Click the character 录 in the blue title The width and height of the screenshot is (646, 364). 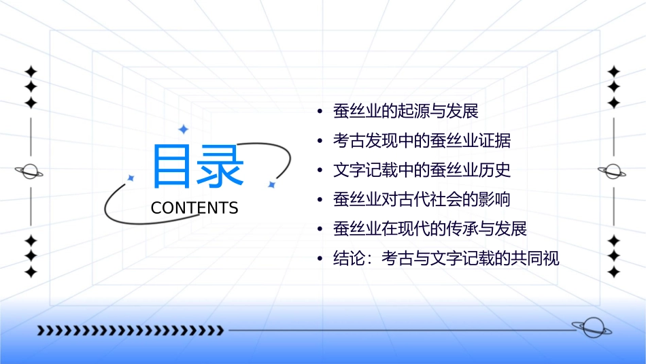(220, 167)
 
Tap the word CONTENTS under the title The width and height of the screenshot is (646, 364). (194, 208)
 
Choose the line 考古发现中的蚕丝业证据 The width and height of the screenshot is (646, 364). (422, 141)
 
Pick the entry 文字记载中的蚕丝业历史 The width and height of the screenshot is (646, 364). (422, 170)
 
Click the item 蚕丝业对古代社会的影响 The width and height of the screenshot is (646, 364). (422, 200)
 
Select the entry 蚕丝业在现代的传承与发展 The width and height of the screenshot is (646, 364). (430, 229)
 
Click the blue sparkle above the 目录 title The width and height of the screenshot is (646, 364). (183, 129)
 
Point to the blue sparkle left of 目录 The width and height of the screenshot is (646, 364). (131, 178)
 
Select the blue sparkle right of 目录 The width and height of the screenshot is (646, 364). (271, 184)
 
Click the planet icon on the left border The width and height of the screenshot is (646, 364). (30, 171)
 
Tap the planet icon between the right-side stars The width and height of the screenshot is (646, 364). (613, 171)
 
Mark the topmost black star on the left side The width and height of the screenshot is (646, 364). (30, 71)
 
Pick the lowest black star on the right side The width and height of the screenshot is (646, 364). (613, 272)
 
